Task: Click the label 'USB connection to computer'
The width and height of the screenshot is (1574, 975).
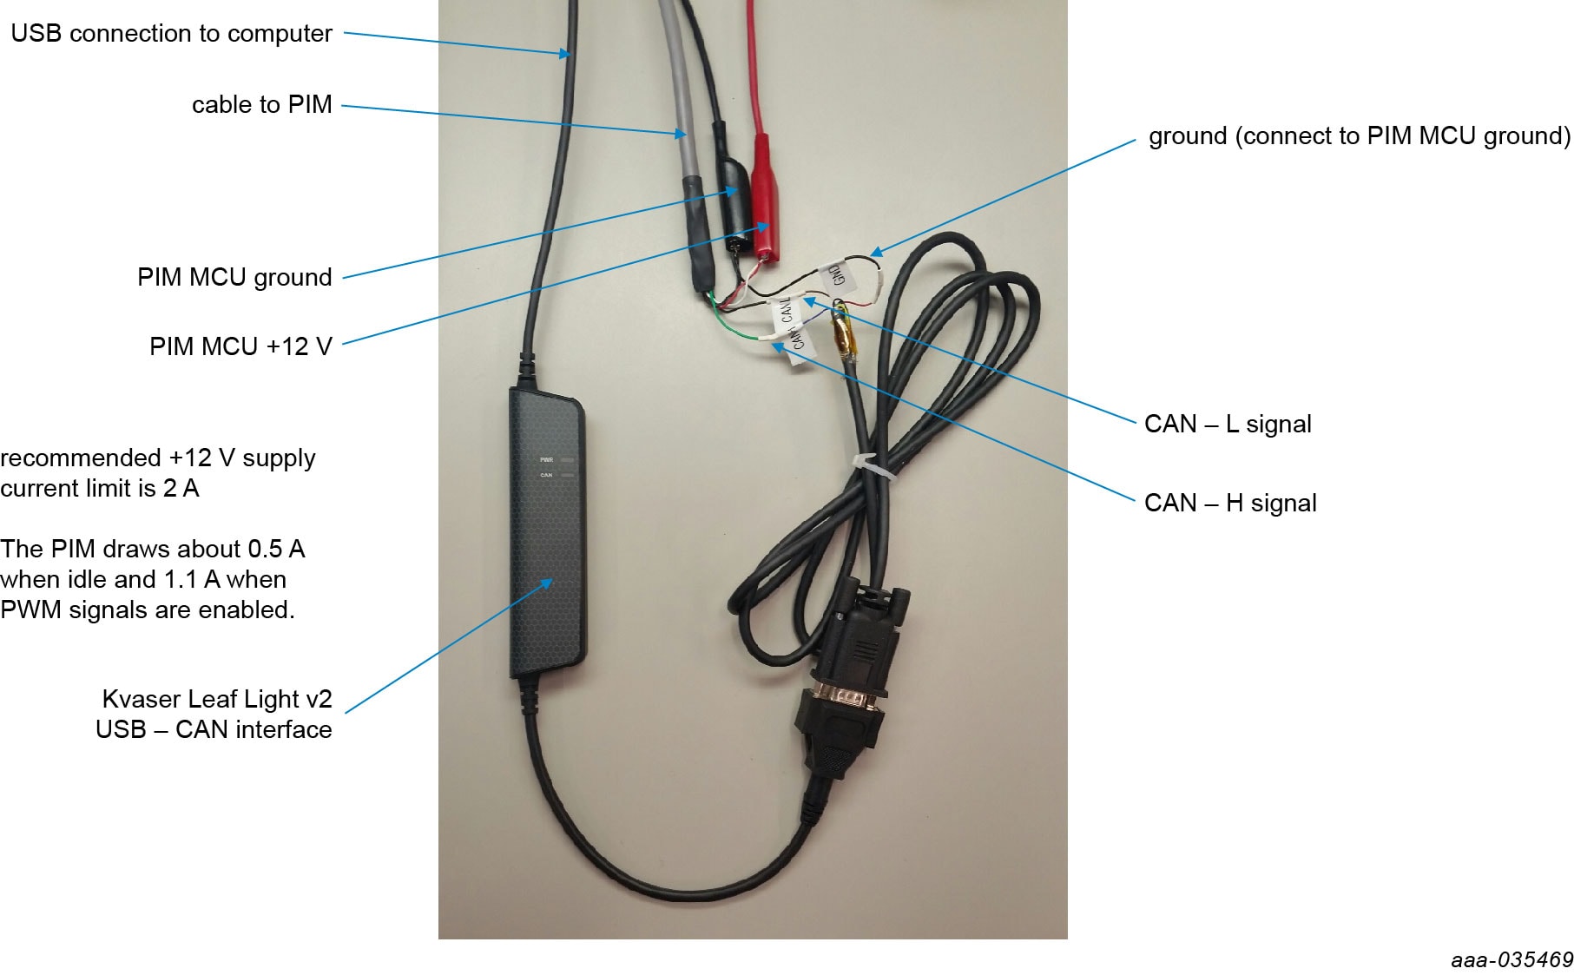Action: (x=171, y=33)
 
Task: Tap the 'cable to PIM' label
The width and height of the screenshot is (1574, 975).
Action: (x=261, y=104)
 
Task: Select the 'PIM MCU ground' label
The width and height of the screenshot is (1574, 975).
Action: (x=234, y=277)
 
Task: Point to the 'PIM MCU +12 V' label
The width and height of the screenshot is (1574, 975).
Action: (x=240, y=346)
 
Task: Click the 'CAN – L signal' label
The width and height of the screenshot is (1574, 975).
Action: (x=1227, y=424)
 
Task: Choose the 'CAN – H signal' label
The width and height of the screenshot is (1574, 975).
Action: (x=1229, y=503)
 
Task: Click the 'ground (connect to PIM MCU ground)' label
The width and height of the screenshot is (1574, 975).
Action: (x=1359, y=135)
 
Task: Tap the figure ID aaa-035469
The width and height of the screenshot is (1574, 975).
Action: (x=1511, y=959)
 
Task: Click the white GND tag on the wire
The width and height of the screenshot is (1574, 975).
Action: (x=836, y=274)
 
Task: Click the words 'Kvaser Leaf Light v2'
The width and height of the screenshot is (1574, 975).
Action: (x=216, y=699)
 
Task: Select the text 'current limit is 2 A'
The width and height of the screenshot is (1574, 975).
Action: (x=100, y=488)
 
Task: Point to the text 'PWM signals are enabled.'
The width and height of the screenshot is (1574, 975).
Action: (x=148, y=609)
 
